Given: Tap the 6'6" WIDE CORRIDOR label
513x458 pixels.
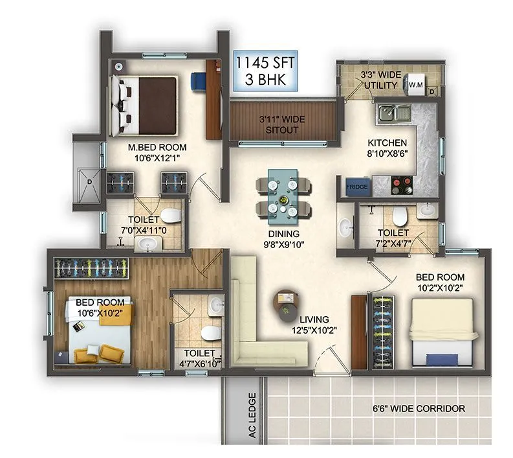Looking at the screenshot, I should pos(419,409).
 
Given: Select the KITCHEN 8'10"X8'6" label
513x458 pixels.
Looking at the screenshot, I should pos(387,149).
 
